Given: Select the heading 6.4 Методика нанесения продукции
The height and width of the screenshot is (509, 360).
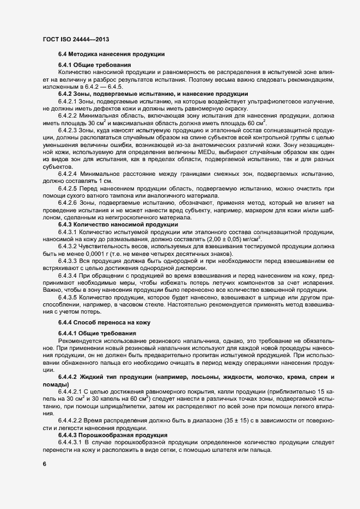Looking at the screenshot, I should point(108,54).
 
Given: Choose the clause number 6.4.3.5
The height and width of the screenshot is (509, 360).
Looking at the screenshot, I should point(69,298).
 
